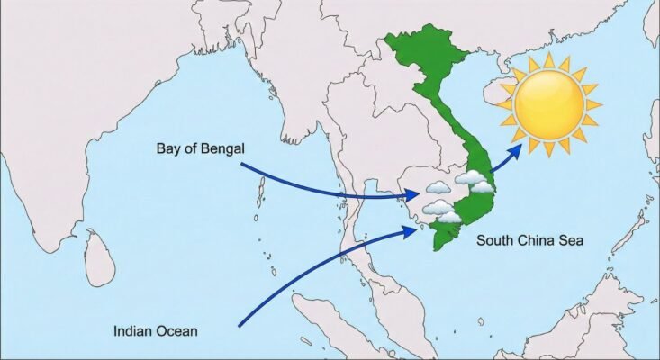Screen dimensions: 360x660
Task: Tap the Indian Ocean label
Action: (156, 330)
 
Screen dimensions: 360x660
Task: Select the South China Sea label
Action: (530, 240)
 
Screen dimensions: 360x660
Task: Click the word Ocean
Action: (176, 330)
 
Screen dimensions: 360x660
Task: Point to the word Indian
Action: (133, 330)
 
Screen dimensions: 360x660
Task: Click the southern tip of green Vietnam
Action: (436, 247)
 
